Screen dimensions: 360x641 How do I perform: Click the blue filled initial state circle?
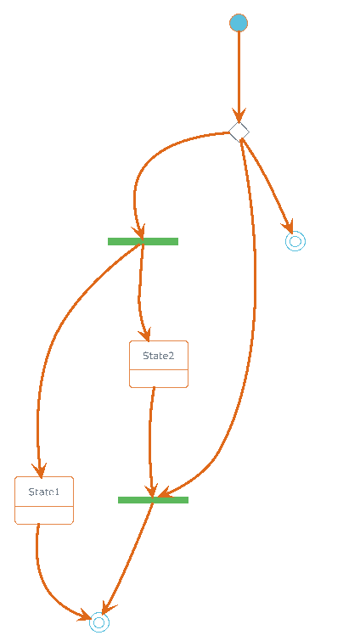pos(239,23)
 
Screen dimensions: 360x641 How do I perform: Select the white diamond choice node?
pos(239,132)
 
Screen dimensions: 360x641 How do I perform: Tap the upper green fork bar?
pos(143,242)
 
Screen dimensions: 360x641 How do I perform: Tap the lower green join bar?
pos(153,500)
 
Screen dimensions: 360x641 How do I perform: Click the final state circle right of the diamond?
pos(295,241)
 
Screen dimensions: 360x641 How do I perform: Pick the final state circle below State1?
pos(99,622)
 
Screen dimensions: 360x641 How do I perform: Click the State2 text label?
pos(159,356)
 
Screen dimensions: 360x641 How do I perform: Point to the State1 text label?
pos(44,492)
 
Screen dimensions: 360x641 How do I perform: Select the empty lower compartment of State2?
pos(159,379)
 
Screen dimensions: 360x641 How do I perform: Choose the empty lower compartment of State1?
pos(44,514)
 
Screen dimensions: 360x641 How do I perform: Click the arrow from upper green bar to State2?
pos(140,292)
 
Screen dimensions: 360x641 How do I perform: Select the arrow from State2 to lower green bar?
pos(150,441)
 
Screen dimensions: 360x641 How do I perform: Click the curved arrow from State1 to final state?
pos(46,581)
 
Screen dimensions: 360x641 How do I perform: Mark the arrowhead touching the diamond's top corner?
pos(239,115)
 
